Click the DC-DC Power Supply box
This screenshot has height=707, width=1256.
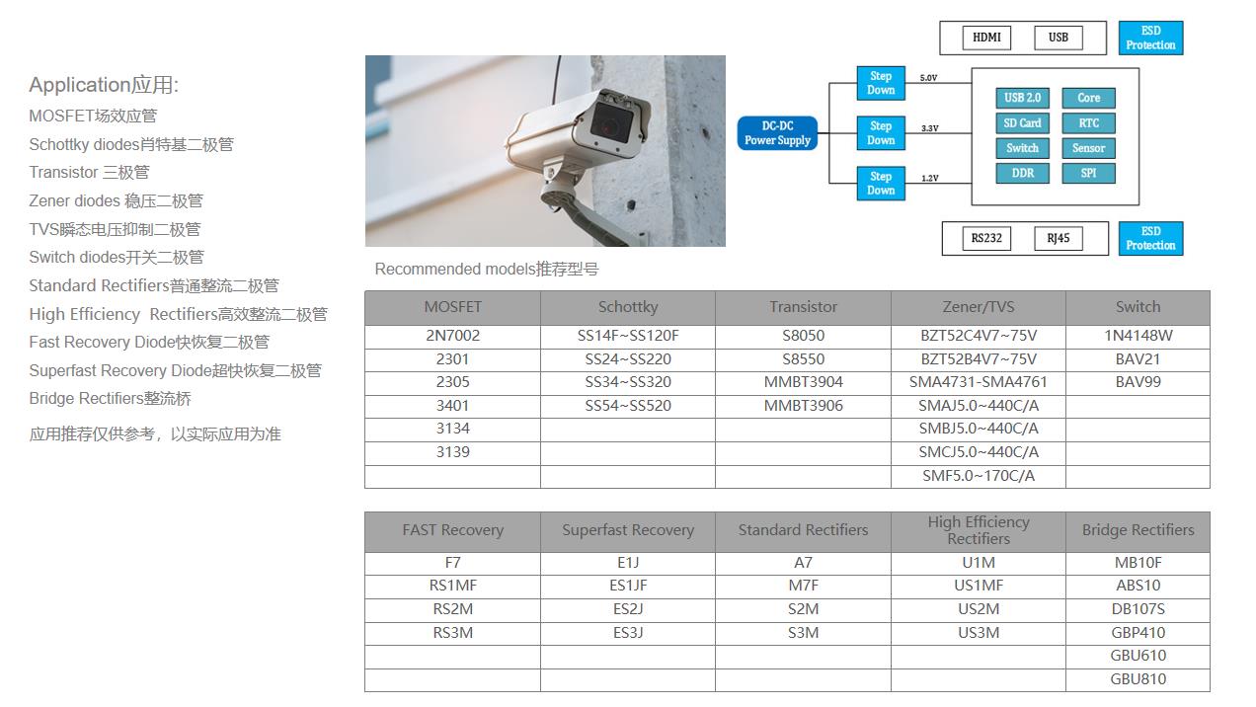tap(777, 133)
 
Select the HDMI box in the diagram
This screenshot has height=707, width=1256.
tap(986, 38)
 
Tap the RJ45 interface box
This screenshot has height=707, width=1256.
tap(1059, 238)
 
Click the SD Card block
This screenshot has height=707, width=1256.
tap(1022, 122)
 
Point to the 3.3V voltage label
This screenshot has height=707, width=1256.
tap(930, 128)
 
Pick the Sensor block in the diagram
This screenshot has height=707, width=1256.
tap(1088, 148)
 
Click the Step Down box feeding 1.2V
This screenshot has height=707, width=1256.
tap(881, 184)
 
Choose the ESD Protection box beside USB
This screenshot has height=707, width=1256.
tap(1150, 39)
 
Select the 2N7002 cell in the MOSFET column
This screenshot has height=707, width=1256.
tap(452, 336)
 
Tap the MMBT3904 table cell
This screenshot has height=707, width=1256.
tap(803, 382)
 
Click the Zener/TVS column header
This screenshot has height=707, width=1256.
tap(978, 307)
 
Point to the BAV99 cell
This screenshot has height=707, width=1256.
tap(1138, 382)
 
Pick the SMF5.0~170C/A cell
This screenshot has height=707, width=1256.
tap(978, 476)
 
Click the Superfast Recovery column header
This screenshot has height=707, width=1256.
tap(628, 530)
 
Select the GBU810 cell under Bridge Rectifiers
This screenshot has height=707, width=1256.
tap(1138, 679)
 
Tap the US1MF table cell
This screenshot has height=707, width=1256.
tap(978, 586)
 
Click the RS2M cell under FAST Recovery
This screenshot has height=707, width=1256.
tap(452, 609)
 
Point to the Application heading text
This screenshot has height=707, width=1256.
tap(104, 85)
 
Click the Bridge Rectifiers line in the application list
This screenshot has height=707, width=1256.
tap(110, 399)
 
